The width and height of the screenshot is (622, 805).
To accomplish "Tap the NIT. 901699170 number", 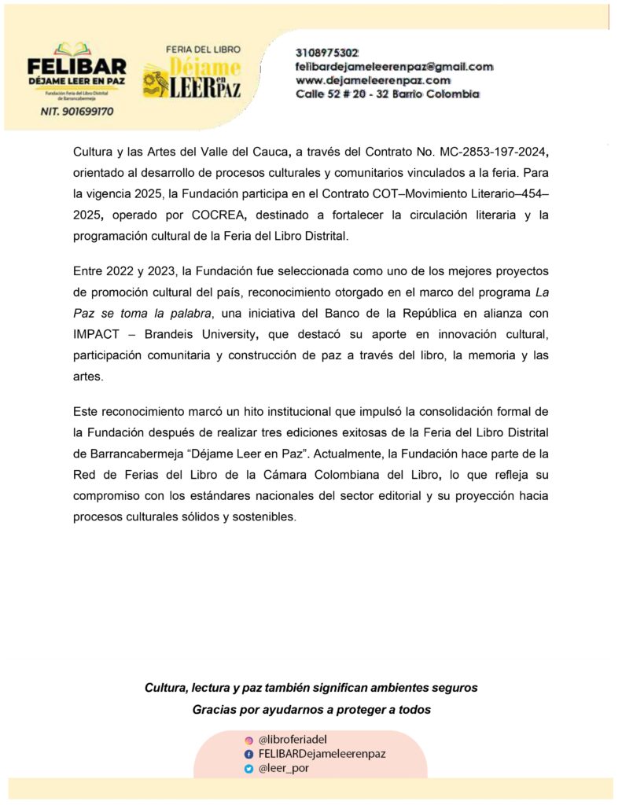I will (76, 112).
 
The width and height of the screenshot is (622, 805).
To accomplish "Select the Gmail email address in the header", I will (394, 67).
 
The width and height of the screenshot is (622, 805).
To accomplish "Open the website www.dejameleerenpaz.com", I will (373, 80).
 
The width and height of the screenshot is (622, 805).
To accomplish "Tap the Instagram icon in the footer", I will (248, 740).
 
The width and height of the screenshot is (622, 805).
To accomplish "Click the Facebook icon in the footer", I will (248, 754).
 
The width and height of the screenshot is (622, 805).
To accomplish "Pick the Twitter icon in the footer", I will (248, 769).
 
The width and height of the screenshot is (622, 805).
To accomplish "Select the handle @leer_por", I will (283, 769).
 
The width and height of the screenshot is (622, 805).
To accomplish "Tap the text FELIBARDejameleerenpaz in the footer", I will (322, 754).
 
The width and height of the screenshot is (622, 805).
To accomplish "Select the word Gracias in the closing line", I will (216, 710).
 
